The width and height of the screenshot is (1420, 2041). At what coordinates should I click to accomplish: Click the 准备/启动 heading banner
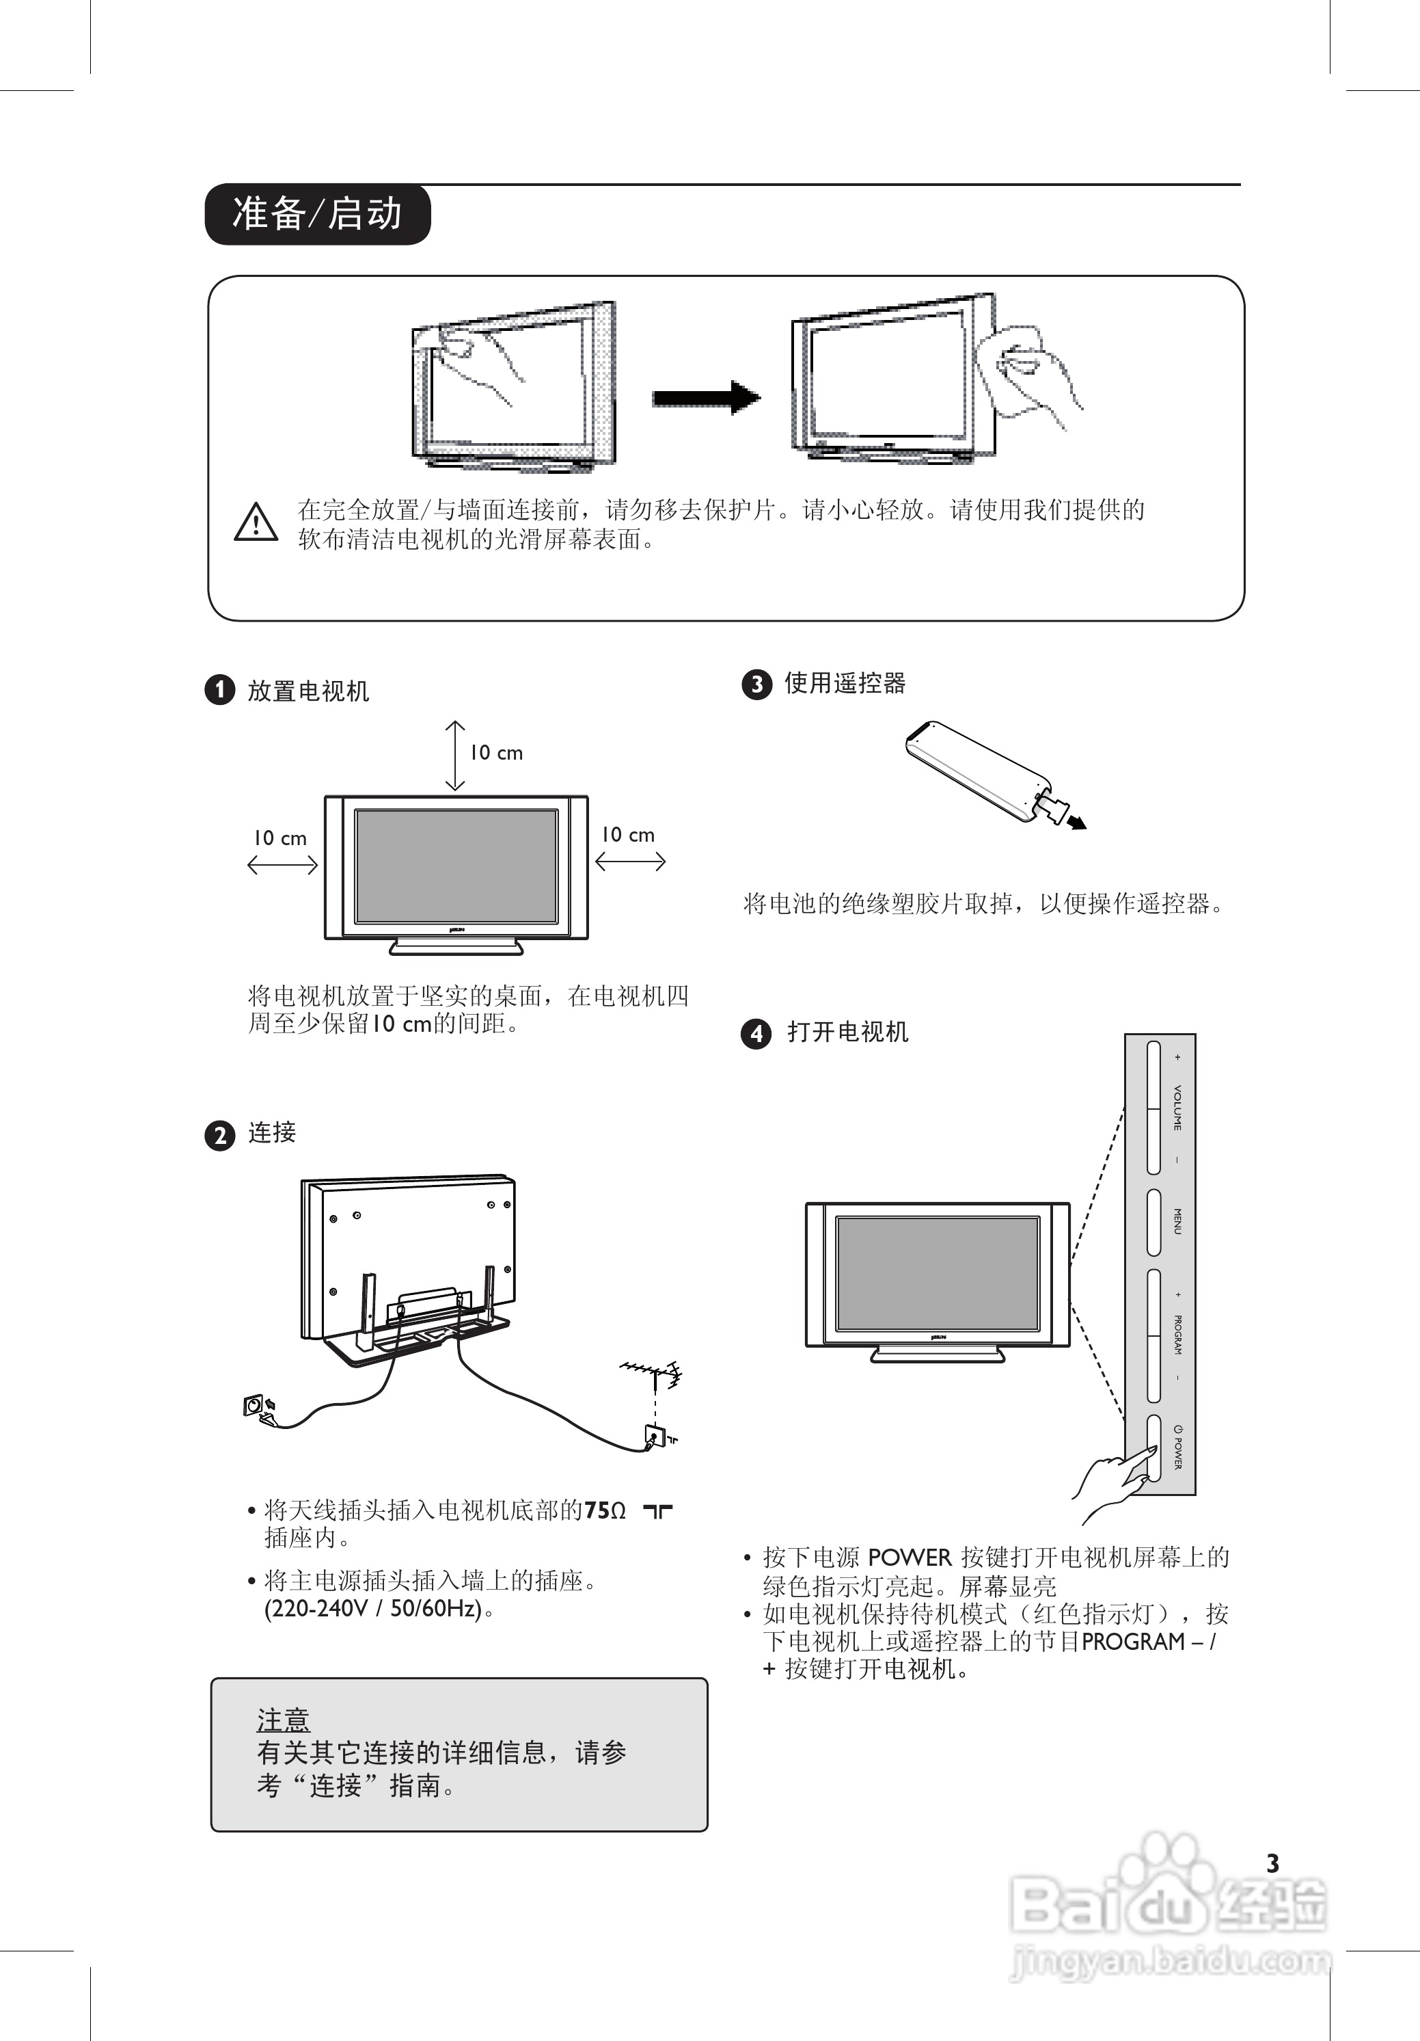pyautogui.click(x=317, y=214)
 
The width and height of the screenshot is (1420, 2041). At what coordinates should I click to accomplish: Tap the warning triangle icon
pyautogui.click(x=256, y=522)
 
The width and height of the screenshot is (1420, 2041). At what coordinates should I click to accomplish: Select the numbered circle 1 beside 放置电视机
pyautogui.click(x=219, y=690)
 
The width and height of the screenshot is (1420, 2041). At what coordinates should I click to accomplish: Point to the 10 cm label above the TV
pyautogui.click(x=496, y=753)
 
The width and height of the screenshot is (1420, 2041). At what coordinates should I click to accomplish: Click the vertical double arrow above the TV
pyautogui.click(x=455, y=755)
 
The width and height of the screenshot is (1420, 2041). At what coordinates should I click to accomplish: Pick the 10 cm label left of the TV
pyautogui.click(x=280, y=838)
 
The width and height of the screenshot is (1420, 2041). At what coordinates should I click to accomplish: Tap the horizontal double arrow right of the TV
pyautogui.click(x=630, y=860)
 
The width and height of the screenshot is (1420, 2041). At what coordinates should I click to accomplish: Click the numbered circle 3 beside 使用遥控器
pyautogui.click(x=756, y=684)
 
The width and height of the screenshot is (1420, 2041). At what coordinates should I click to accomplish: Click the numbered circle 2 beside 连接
pyautogui.click(x=219, y=1135)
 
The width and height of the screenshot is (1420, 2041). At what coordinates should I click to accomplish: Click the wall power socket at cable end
pyautogui.click(x=254, y=1405)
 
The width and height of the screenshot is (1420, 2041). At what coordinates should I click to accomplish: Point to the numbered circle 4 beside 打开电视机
pyautogui.click(x=756, y=1033)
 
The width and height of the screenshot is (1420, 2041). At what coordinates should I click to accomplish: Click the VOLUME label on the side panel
pyautogui.click(x=1177, y=1108)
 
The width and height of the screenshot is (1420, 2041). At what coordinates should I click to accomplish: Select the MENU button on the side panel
pyautogui.click(x=1154, y=1221)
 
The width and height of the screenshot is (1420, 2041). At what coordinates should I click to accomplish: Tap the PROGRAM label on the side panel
pyautogui.click(x=1177, y=1334)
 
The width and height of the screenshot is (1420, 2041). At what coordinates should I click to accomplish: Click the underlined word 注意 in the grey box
pyautogui.click(x=283, y=1719)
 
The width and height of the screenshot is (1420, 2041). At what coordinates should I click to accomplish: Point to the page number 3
pyautogui.click(x=1272, y=1863)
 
